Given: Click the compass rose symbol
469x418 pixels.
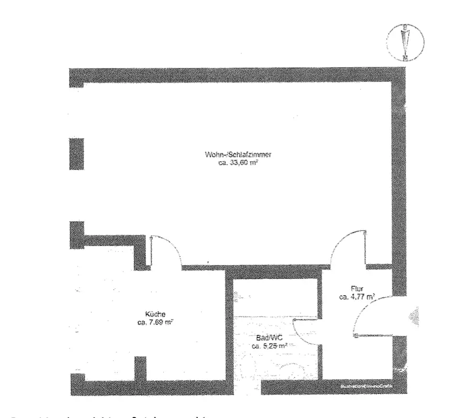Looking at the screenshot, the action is pos(404,42).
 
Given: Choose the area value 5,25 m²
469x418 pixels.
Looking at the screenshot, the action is pos(269,346).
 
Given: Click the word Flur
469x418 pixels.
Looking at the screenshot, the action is pos(357,288).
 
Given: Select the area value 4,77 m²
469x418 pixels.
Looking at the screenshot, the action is pos(358,297).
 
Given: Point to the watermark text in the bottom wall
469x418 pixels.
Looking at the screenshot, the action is pos(366,388).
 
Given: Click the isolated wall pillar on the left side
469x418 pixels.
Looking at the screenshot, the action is pos(76,153).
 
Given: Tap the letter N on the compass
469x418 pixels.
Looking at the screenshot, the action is pos(405,58).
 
